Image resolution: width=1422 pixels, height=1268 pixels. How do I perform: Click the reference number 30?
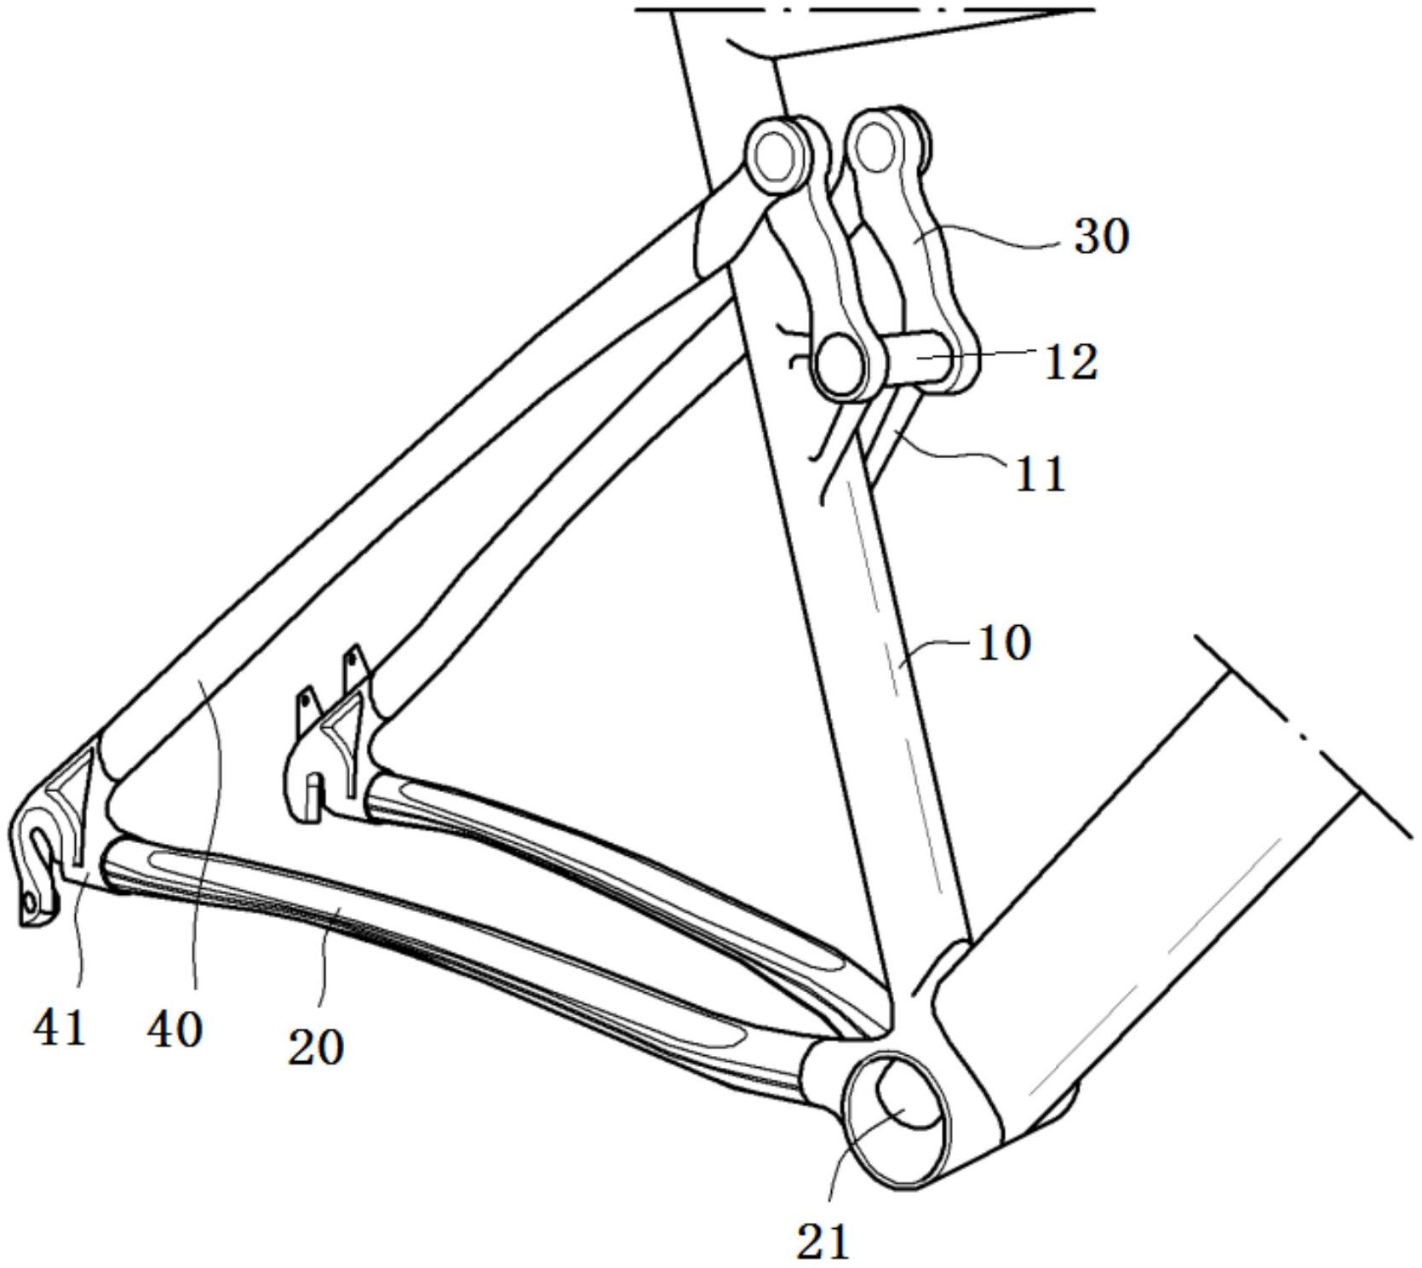[x=1101, y=236]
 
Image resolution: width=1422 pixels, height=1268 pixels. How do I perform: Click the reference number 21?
[x=824, y=1241]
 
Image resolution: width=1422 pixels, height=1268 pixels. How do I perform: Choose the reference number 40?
[x=175, y=1030]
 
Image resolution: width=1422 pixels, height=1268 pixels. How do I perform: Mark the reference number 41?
[x=60, y=1028]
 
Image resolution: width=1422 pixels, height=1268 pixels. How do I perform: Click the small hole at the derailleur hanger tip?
[x=30, y=901]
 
